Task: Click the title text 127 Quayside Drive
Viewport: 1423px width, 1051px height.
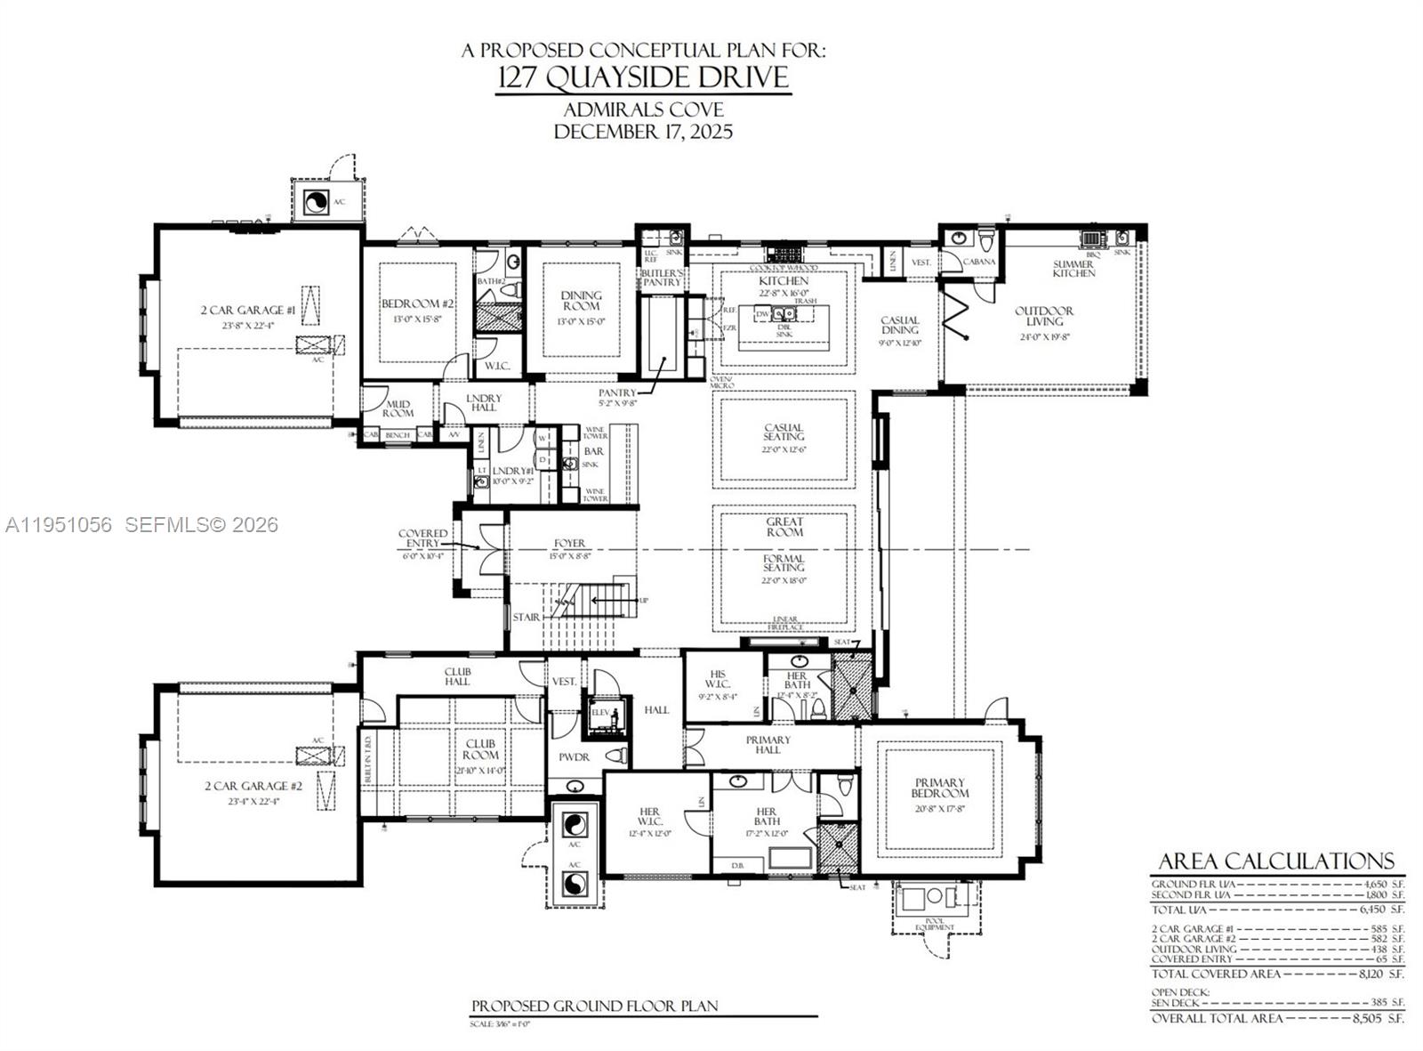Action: (x=642, y=77)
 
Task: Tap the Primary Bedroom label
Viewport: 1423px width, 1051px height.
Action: (x=939, y=788)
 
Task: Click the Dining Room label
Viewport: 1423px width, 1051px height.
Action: (x=581, y=301)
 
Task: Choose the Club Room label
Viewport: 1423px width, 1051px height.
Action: (x=480, y=748)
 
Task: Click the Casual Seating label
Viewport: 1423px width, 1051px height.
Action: (x=783, y=432)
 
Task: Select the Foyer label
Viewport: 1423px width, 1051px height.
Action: (x=569, y=543)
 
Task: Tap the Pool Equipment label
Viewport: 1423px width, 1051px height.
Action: (x=935, y=926)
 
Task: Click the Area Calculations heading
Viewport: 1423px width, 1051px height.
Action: (x=1275, y=861)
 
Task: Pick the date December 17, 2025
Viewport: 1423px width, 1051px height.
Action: (x=642, y=132)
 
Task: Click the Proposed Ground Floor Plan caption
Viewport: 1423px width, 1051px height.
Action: (x=594, y=1006)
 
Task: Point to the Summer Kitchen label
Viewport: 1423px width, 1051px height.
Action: (x=1073, y=269)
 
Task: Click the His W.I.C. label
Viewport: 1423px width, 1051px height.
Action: (x=720, y=679)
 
